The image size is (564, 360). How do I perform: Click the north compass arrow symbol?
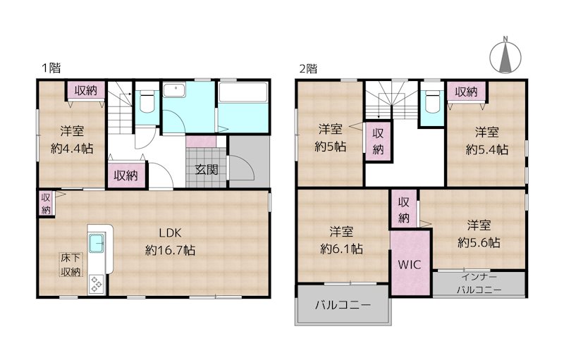click(505, 56)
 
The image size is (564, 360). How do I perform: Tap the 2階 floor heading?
click(308, 68)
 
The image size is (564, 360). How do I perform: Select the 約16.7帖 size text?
click(171, 249)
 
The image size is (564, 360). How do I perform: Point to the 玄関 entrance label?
click(207, 169)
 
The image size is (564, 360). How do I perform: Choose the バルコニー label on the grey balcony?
click(343, 306)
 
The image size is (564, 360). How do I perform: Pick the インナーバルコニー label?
click(479, 283)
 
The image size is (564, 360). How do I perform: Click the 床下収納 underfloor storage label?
click(69, 266)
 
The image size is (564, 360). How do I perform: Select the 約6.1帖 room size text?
click(342, 248)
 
